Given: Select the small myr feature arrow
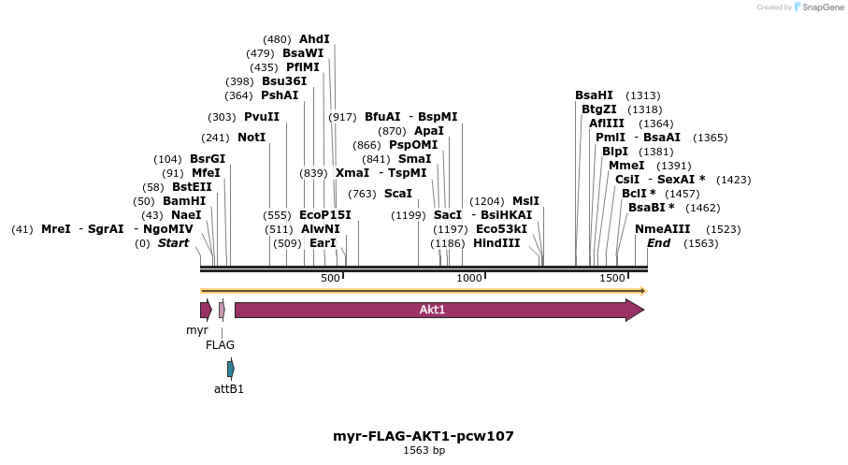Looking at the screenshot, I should pos(206,310).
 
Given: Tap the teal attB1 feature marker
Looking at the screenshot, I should pos(231,369).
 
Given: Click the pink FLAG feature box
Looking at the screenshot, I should pos(222,310).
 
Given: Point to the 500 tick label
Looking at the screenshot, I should pos(330,279).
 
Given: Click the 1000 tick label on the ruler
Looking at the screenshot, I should pos(468,279).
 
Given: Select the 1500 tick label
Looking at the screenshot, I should pos(612,279).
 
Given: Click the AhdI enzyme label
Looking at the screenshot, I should pos(314,39).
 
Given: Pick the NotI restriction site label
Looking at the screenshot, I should pos(252,138).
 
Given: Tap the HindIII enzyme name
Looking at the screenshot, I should pos(496,243).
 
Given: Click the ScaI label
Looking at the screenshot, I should pos(398,194).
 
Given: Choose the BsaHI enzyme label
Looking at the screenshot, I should pos(594,95).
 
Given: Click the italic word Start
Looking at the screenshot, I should pos(173,243).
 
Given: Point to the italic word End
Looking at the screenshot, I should pos(658,243).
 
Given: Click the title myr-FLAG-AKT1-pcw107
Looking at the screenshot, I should pos(424,436).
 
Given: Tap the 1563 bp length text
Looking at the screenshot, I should pos(424,450).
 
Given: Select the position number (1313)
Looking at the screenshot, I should pos(643,95).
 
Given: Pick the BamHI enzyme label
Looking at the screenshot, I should pos(183,201).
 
